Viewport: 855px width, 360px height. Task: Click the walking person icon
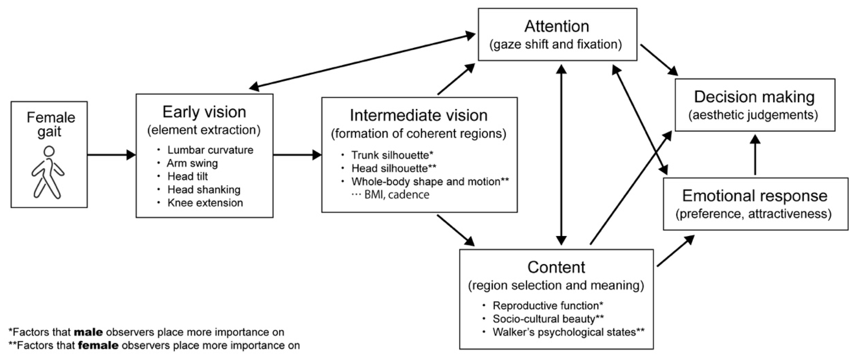point(48,173)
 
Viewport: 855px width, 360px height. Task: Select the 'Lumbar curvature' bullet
point(210,150)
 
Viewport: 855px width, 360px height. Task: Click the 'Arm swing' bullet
point(192,163)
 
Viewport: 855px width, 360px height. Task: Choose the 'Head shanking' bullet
point(204,190)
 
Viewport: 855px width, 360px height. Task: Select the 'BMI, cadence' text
point(397,195)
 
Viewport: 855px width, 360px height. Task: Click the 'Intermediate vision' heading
point(418,116)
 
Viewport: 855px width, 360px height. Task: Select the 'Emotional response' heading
point(754,196)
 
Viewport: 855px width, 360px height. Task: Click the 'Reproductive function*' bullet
point(548,306)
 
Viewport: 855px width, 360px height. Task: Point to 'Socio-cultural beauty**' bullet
point(548,319)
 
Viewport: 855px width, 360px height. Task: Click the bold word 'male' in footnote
point(88,332)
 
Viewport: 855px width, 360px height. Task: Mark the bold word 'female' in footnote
point(98,346)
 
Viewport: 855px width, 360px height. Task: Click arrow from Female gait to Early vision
point(111,155)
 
